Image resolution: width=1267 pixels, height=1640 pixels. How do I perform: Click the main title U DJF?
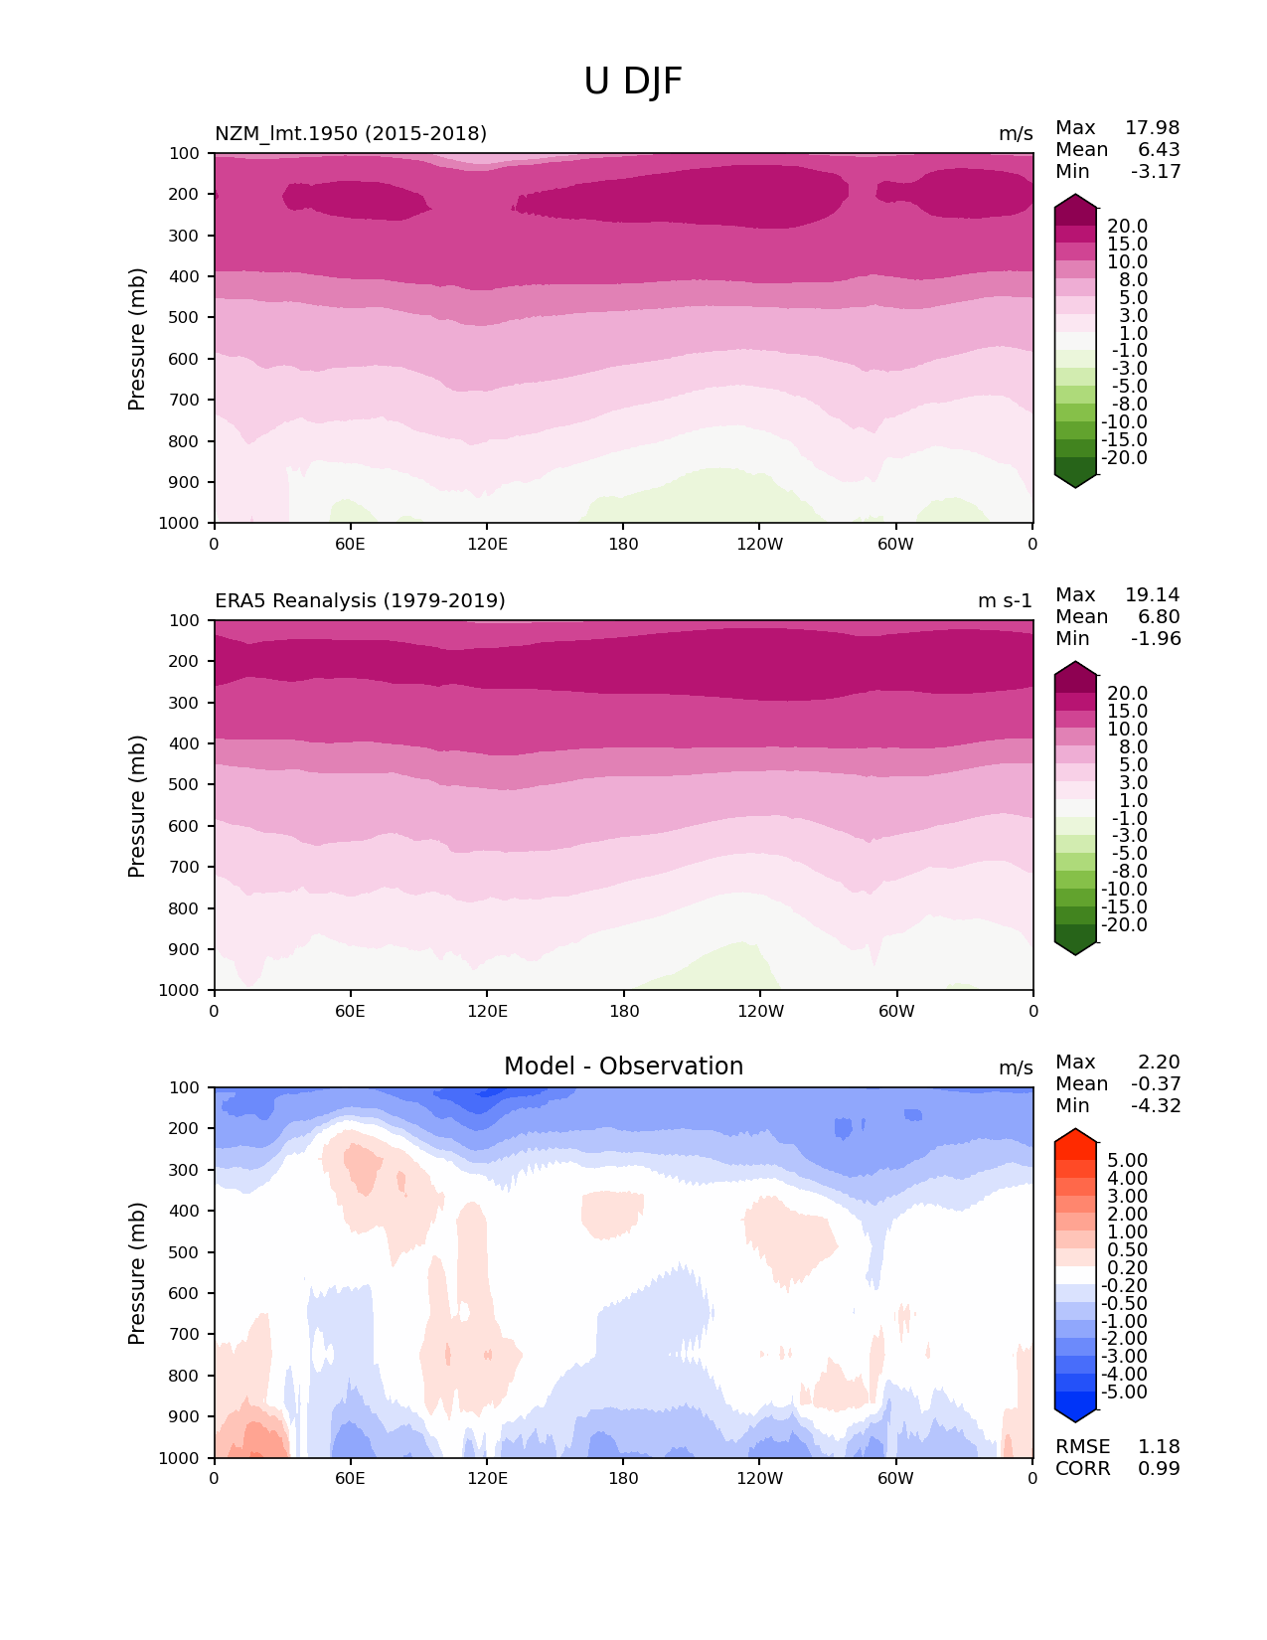[633, 82]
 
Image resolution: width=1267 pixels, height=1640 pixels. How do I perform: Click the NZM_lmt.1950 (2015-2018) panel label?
[351, 133]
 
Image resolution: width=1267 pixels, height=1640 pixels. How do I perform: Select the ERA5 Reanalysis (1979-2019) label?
[360, 600]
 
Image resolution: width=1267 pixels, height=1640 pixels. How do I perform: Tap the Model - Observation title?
[623, 1066]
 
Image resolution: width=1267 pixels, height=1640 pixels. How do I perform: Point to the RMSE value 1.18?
[1159, 1446]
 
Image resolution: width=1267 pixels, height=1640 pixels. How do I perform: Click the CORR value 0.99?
[1159, 1468]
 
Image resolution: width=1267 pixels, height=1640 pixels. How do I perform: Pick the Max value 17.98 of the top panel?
[1152, 127]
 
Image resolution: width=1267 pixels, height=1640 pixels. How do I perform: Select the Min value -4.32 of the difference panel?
[1156, 1105]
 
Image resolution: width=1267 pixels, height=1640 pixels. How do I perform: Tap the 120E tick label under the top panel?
[487, 544]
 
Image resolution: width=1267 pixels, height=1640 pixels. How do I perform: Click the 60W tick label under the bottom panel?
[895, 1478]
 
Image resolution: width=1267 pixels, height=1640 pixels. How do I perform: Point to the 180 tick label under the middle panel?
[623, 1011]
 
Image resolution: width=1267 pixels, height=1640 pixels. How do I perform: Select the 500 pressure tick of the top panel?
[186, 317]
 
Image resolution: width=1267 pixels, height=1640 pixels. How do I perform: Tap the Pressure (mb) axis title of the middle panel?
[137, 805]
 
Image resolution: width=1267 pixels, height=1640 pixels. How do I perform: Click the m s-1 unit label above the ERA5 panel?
[1005, 600]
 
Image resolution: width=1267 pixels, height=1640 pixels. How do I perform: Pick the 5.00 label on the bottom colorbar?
[1127, 1160]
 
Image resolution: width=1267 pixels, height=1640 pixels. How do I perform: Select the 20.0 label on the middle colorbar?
[1127, 693]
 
